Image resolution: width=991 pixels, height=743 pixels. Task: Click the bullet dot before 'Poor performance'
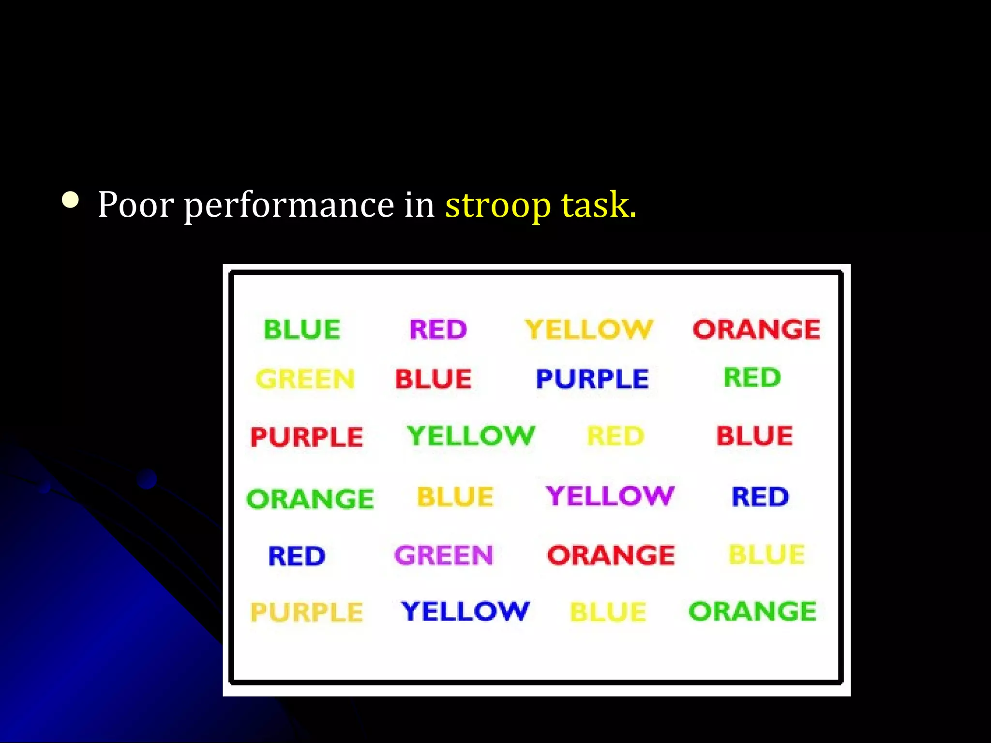(x=71, y=200)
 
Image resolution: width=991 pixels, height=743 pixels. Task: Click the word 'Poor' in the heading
(x=135, y=205)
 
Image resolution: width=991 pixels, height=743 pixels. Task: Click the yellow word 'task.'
(x=599, y=205)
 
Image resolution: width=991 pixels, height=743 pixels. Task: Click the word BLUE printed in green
(x=302, y=330)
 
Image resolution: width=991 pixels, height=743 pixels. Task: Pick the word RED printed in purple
(x=438, y=330)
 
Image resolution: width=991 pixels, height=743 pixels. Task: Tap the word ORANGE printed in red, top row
(x=756, y=330)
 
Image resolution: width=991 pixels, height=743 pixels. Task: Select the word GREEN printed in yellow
(x=305, y=379)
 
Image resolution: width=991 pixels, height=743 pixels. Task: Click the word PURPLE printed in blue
(x=592, y=379)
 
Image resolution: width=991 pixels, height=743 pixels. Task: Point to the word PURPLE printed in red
(x=306, y=437)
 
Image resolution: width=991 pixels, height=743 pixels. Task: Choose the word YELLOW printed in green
(x=471, y=436)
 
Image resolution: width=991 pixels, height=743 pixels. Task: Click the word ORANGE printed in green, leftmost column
(x=310, y=499)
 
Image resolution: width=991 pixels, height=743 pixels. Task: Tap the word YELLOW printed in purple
(x=610, y=496)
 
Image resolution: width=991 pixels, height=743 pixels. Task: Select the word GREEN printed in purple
(x=443, y=555)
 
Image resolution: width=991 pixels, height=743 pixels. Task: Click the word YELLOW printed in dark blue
(x=465, y=611)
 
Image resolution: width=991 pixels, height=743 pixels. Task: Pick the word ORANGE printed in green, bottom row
(x=752, y=611)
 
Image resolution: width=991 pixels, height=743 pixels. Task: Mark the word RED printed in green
(x=752, y=378)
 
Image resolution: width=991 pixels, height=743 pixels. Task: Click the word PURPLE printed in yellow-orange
(x=306, y=612)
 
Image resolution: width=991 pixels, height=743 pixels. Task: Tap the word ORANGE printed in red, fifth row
(x=611, y=555)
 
